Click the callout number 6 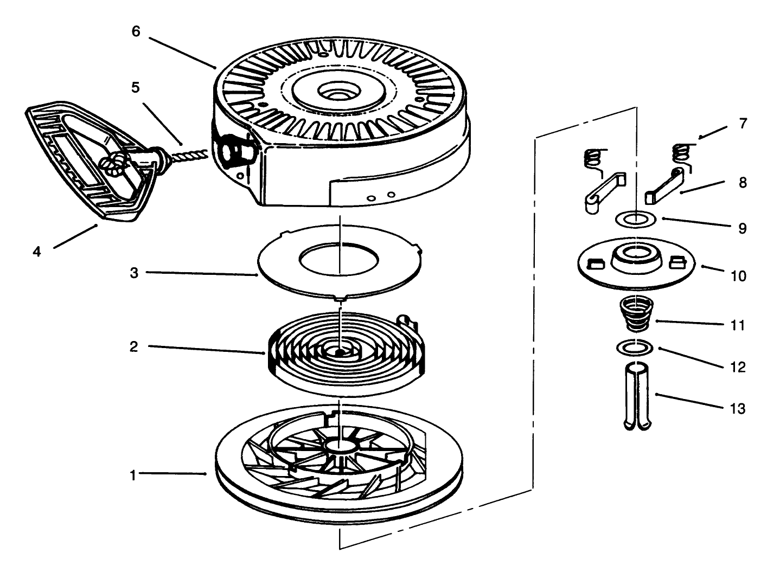point(136,31)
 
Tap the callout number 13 point(737,409)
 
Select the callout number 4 point(37,252)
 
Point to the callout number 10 point(738,276)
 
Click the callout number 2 point(134,346)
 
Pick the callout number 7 point(743,124)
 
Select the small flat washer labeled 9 point(636,223)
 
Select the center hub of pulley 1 point(340,447)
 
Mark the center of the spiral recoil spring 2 point(340,352)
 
